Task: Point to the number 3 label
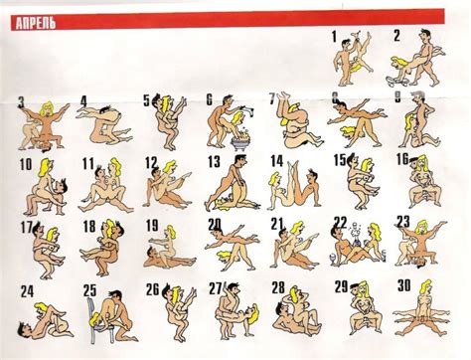point(22,100)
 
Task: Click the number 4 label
point(83,100)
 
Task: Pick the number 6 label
point(210,99)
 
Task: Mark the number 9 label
point(397,97)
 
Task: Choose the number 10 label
point(25,164)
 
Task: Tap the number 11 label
point(88,163)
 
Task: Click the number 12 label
point(150,163)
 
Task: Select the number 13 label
point(214,161)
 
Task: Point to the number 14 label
point(276,161)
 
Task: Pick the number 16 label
point(402,159)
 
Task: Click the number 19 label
point(151,226)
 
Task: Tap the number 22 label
point(340,223)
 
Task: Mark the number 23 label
point(402,221)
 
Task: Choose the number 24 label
point(27,291)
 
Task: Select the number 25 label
point(89,290)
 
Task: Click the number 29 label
point(341,286)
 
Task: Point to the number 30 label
point(402,285)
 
